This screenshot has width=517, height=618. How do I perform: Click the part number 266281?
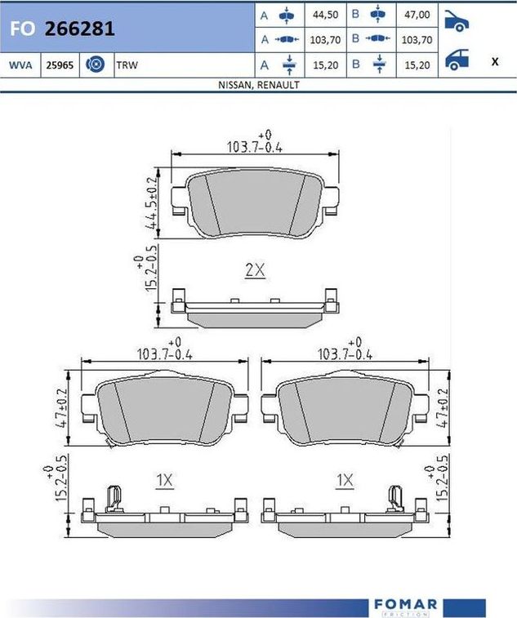pyautogui.click(x=80, y=29)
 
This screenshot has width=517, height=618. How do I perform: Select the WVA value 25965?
pyautogui.click(x=60, y=65)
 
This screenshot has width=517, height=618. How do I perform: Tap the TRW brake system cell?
pyautogui.click(x=127, y=65)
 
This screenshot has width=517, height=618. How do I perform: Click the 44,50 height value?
pyautogui.click(x=325, y=15)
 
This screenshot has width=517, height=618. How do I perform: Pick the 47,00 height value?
pyautogui.click(x=417, y=15)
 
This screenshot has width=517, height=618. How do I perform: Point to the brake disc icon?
pyautogui.click(x=96, y=64)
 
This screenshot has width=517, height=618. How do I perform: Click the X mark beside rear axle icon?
pyautogui.click(x=495, y=61)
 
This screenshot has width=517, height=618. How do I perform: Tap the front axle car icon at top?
pyautogui.click(x=457, y=21)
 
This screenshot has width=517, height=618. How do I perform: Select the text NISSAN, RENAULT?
pyautogui.click(x=259, y=85)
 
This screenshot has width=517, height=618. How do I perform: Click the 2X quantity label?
pyautogui.click(x=255, y=270)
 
